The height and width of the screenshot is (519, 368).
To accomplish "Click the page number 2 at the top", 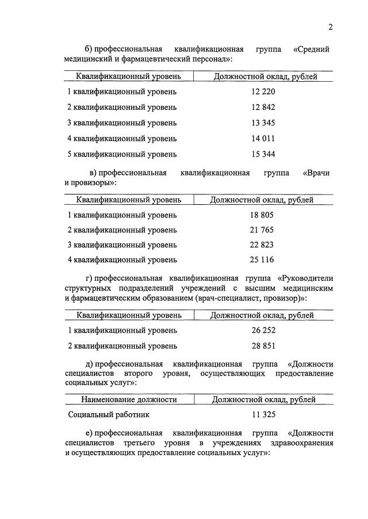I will (331, 26).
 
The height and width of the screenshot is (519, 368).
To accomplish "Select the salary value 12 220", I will (263, 91).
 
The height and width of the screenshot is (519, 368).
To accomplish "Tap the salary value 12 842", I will (263, 107).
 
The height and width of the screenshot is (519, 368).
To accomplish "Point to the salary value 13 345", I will (263, 123).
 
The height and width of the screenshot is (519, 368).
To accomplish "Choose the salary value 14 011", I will (263, 138).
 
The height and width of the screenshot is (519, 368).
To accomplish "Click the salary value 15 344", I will (263, 154).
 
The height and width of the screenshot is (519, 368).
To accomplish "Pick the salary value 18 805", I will (262, 215).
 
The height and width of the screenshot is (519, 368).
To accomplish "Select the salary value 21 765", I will (262, 230).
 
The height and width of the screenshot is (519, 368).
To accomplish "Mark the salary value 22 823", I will (262, 245).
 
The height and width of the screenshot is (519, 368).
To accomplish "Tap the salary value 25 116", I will (262, 259).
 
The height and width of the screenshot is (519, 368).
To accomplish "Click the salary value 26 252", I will (262, 330).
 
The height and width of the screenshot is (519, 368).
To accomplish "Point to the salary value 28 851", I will (262, 346).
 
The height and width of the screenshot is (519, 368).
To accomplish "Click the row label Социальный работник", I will (103, 414).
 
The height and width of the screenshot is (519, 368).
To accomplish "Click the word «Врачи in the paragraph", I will (316, 173).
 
